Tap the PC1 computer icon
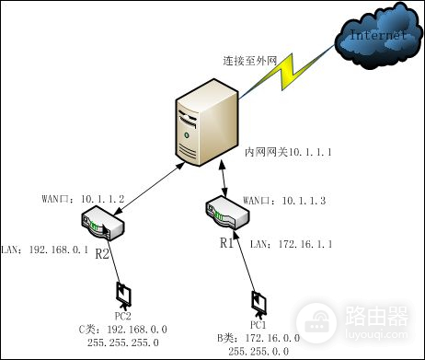click(x=258, y=303)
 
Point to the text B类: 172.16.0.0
click(x=251, y=338)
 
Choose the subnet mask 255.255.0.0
click(x=258, y=351)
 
